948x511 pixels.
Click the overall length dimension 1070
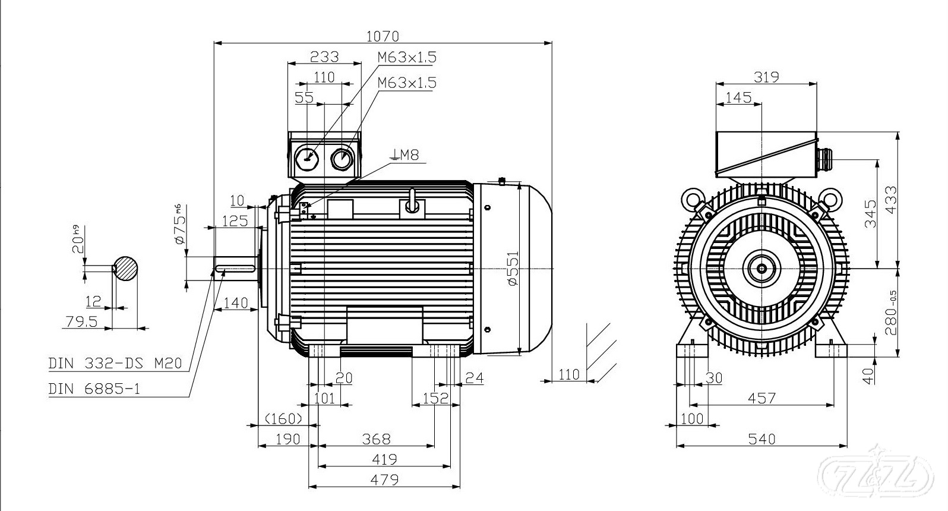pyautogui.click(x=382, y=36)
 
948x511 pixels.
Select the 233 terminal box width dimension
pyautogui.click(x=325, y=56)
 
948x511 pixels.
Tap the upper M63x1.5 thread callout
pyautogui.click(x=407, y=57)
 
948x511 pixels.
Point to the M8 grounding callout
pyautogui.click(x=405, y=156)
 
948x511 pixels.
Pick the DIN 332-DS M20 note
pyautogui.click(x=115, y=363)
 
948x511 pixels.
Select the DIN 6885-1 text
pyautogui.click(x=94, y=389)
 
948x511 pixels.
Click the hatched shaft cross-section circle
pyautogui.click(x=125, y=269)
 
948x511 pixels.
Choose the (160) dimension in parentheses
pyautogui.click(x=284, y=418)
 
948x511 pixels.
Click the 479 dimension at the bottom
pyautogui.click(x=384, y=479)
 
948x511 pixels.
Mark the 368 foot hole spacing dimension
pyautogui.click(x=376, y=439)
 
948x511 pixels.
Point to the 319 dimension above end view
pyautogui.click(x=766, y=77)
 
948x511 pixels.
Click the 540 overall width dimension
pyautogui.click(x=761, y=439)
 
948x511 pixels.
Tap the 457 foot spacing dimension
pyautogui.click(x=761, y=398)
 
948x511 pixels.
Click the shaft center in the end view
pyautogui.click(x=761, y=269)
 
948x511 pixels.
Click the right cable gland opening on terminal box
pyautogui.click(x=342, y=159)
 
